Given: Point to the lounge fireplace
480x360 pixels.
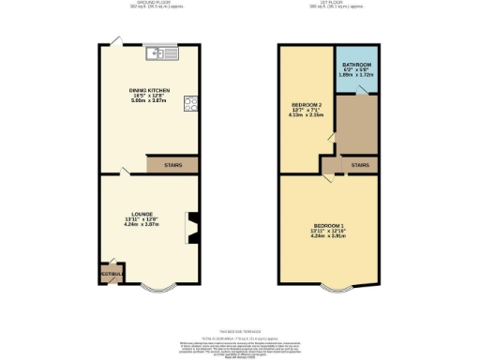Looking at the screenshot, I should (194, 228).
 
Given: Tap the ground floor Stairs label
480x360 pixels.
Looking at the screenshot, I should (173, 165).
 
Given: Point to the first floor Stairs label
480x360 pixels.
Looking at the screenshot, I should (360, 165).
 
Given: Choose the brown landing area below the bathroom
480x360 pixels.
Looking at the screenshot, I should (357, 124).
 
